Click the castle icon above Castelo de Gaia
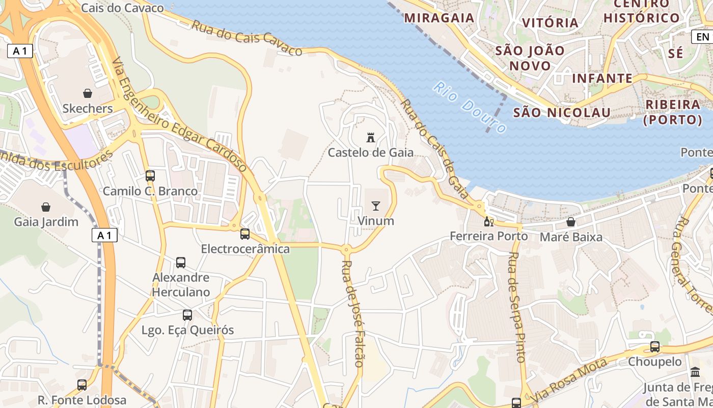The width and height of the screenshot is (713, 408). pyautogui.click(x=371, y=137)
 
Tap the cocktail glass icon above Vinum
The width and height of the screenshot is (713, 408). pyautogui.click(x=376, y=206)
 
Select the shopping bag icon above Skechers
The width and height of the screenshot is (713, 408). pyautogui.click(x=88, y=93)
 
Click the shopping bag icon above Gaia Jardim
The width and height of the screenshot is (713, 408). pyautogui.click(x=46, y=207)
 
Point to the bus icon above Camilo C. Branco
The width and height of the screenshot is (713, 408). pyautogui.click(x=150, y=176)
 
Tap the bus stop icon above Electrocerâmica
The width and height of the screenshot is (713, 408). pyautogui.click(x=245, y=234)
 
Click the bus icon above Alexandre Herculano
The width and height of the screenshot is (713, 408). pyautogui.click(x=181, y=263)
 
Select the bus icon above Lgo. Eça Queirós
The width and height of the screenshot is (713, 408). pyautogui.click(x=187, y=315)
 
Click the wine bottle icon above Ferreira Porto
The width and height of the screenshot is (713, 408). pyautogui.click(x=488, y=221)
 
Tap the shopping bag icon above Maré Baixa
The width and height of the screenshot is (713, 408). pyautogui.click(x=571, y=222)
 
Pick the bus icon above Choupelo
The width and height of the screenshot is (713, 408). pyautogui.click(x=655, y=347)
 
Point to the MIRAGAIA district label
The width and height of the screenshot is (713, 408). pyautogui.click(x=439, y=18)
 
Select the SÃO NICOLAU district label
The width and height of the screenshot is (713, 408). pyautogui.click(x=562, y=112)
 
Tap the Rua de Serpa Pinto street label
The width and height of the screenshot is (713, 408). pyautogui.click(x=516, y=307)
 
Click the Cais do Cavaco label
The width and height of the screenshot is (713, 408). pyautogui.click(x=122, y=8)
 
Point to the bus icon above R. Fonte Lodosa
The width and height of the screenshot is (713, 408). pyautogui.click(x=82, y=385)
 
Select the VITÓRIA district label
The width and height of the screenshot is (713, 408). pyautogui.click(x=551, y=22)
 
